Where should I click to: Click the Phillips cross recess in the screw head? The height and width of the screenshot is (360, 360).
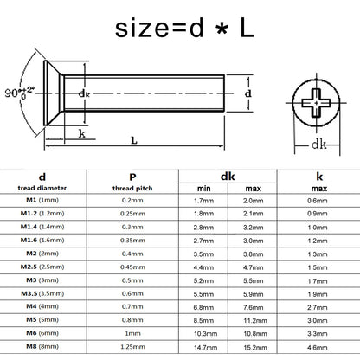316,103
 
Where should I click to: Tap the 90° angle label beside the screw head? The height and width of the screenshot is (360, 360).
19,93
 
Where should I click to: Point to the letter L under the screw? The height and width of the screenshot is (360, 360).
134,140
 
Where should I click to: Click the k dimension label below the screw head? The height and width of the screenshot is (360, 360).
82,133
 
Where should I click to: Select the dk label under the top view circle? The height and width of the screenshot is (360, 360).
319,145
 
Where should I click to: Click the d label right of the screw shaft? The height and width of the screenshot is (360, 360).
248,93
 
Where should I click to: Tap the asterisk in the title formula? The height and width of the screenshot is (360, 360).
222,29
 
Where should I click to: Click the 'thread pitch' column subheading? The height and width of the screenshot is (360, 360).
132,189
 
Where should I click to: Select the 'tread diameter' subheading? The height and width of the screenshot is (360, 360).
42,188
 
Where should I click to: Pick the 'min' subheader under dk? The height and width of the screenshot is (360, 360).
203,189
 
